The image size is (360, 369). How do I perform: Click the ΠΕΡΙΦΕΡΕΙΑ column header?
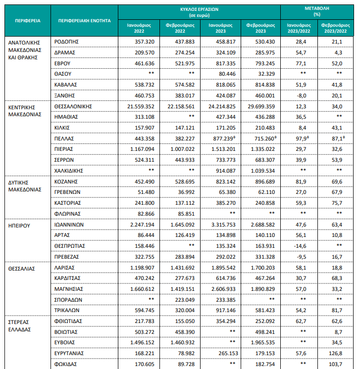pos(28,21)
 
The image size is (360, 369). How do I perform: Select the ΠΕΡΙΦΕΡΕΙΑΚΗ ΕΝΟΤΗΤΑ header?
pos(84,21)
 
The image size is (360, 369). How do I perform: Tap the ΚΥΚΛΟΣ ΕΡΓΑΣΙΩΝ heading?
pos(200,9)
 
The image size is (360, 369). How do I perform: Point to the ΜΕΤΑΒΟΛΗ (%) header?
pos(317,11)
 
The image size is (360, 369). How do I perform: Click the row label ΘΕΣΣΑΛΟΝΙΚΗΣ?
pos(73,107)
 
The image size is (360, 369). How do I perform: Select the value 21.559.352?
pos(141,107)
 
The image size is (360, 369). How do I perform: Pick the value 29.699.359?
pos(261,107)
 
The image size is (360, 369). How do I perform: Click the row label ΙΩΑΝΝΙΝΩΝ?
pos(69,225)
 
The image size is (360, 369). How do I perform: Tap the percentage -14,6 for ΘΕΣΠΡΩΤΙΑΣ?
pos(300,246)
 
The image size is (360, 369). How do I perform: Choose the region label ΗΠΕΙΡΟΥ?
pos(19,226)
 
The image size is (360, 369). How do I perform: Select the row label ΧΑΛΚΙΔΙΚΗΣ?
pos(69,171)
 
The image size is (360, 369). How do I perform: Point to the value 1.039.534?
pos(263,171)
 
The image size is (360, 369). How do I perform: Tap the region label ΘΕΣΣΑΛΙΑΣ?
pos(21,269)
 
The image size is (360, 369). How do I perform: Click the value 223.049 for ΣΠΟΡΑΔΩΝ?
pos(185,300)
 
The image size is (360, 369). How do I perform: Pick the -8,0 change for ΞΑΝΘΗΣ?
pos(301,96)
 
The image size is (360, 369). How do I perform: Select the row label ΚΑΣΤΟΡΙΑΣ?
pos(68,203)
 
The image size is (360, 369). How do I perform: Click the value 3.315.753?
pos(223,225)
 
